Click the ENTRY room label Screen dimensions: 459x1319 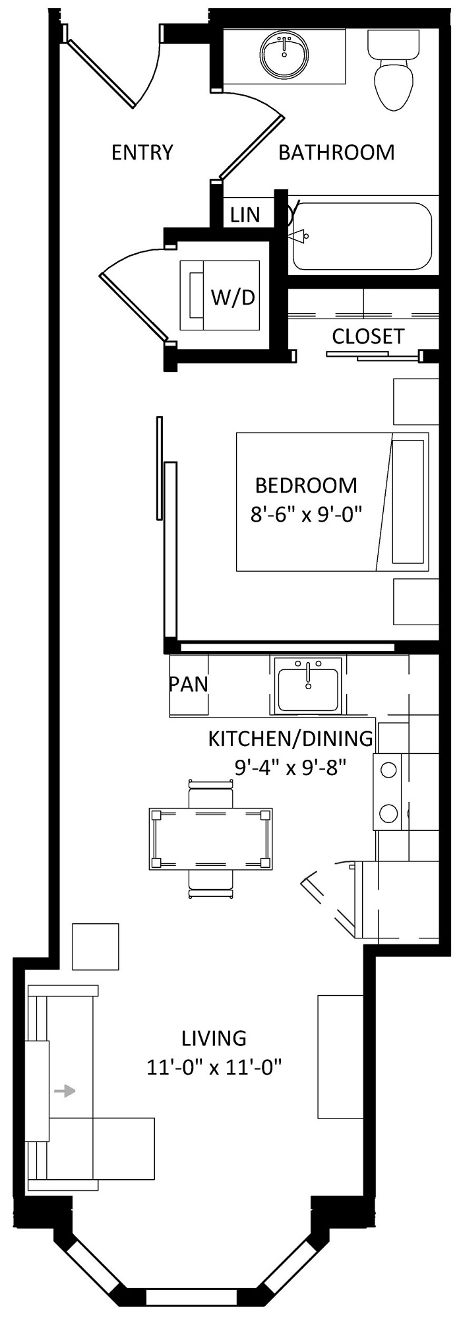142,152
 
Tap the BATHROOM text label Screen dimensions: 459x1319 336,152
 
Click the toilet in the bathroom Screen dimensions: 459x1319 394,71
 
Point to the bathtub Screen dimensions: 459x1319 362,235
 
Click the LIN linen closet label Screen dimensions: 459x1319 245,215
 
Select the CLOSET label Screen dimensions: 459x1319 368,336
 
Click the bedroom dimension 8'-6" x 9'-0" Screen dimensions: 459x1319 307,514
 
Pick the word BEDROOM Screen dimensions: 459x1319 306,485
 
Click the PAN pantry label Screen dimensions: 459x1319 189,684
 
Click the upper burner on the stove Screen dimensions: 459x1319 388,770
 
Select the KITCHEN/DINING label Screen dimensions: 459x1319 291,739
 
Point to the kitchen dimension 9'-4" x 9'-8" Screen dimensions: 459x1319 291,767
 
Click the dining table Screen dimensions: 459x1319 211,839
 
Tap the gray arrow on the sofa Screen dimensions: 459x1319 64,1091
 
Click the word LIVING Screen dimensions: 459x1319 214,1039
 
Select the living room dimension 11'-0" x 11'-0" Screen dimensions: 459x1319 215,1067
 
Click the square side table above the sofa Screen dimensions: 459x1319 96,946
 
